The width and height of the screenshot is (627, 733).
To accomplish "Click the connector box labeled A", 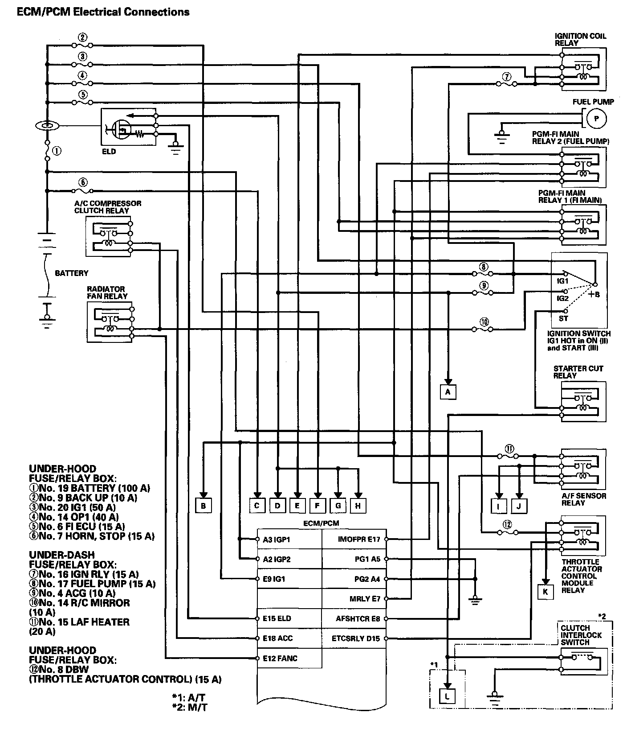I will tap(448, 391).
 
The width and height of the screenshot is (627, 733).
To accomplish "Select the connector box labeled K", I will tap(546, 591).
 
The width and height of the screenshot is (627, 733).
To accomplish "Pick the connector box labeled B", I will tap(203, 505).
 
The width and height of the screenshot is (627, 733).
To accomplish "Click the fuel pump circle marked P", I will tap(598, 118).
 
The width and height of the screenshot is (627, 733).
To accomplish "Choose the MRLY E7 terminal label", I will tap(365, 598).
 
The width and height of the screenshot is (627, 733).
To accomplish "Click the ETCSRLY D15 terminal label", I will tap(356, 638).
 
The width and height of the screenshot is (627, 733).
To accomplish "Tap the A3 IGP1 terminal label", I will tap(276, 539).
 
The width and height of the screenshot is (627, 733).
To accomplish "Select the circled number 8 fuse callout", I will tap(484, 267).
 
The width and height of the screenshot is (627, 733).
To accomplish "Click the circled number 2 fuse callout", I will tap(83, 37).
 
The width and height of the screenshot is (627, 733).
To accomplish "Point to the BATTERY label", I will tap(72, 273).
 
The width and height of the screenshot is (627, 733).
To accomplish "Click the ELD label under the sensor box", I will tap(109, 151).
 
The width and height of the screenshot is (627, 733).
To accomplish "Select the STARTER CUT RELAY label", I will tap(578, 372).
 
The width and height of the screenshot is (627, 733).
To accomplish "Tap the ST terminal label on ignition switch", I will tap(563, 318).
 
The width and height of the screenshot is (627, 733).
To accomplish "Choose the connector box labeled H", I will tap(358, 505).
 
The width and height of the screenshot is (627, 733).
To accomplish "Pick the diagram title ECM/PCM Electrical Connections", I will tap(103, 12).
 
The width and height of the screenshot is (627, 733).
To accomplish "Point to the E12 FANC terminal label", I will tap(280, 658).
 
